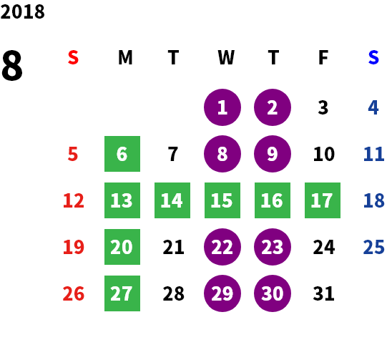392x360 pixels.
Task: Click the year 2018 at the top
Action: [x=22, y=11]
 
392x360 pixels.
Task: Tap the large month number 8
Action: [x=12, y=65]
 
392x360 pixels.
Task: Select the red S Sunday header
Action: [x=73, y=57]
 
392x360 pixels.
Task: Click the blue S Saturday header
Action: [x=373, y=57]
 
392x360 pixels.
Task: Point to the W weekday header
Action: [x=226, y=57]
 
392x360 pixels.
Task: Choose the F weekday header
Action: [x=323, y=57]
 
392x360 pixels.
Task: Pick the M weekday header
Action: [x=125, y=57]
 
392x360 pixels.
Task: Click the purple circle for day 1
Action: [x=222, y=107]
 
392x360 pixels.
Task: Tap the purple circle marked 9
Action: [x=273, y=154]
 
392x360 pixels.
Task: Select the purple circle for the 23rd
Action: [x=273, y=247]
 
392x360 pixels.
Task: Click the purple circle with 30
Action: [x=273, y=293]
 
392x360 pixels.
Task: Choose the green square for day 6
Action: [x=122, y=154]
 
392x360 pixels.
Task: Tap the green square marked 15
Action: [x=222, y=200]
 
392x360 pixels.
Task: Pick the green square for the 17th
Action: [x=323, y=200]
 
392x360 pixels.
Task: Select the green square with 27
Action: [x=122, y=293]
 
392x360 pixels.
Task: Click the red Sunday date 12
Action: [x=74, y=200]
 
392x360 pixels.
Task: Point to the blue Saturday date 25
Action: [x=373, y=247]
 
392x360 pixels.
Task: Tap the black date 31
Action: [x=323, y=293]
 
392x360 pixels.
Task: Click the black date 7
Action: [x=172, y=154]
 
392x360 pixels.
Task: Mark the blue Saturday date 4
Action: [x=373, y=107]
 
